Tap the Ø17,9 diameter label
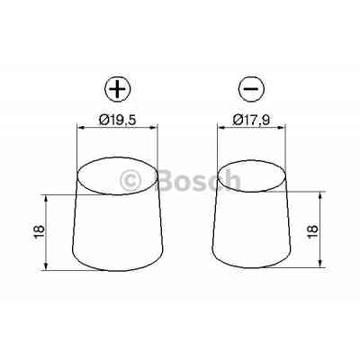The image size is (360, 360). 254,119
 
